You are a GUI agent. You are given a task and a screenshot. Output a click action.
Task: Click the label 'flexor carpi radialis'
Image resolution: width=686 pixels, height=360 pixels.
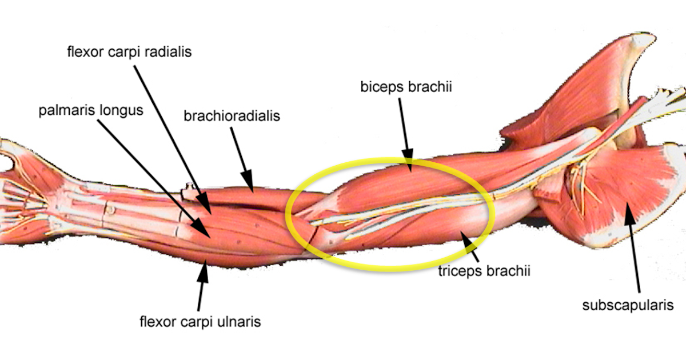point(128,52)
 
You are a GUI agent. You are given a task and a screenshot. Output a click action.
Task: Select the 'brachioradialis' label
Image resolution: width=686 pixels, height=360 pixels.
point(232,117)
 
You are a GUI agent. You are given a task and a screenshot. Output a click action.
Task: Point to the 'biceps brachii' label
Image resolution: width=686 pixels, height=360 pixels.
point(402,87)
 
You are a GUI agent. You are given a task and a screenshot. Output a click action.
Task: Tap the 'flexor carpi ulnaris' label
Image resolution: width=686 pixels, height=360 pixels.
point(200,322)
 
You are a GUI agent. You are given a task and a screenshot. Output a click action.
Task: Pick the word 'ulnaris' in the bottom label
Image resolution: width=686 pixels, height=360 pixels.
point(240,322)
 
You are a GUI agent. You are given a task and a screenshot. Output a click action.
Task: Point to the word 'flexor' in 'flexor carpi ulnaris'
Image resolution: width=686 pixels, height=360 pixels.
point(156,322)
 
